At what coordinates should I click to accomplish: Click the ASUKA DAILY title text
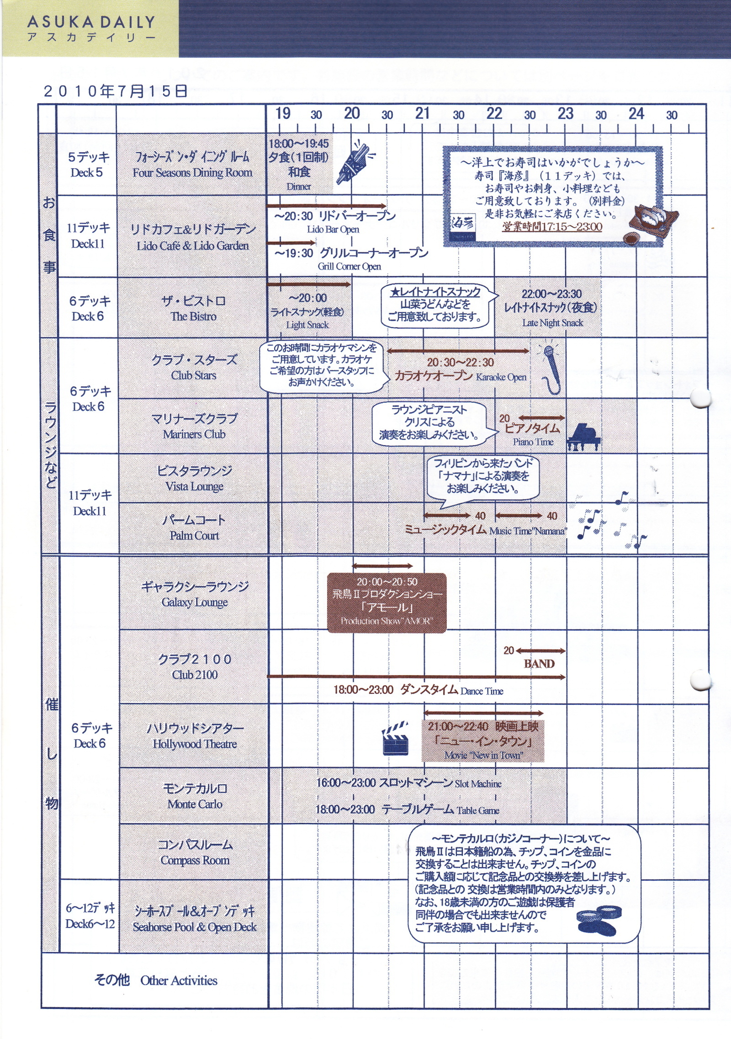click(91, 22)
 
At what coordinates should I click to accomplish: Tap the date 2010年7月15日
click(116, 91)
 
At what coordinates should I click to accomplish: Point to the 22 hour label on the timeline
click(494, 113)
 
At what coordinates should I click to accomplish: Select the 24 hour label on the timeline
click(636, 113)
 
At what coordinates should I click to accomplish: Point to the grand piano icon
click(583, 437)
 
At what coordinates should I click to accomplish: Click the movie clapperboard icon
click(395, 738)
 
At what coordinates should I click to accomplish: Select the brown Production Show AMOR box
click(387, 603)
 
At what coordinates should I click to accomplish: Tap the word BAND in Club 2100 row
click(539, 664)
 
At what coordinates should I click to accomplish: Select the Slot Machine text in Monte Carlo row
click(478, 784)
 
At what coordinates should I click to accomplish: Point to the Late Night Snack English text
click(552, 323)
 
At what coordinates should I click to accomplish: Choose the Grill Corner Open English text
click(350, 266)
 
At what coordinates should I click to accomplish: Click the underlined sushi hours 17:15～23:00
click(552, 227)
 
